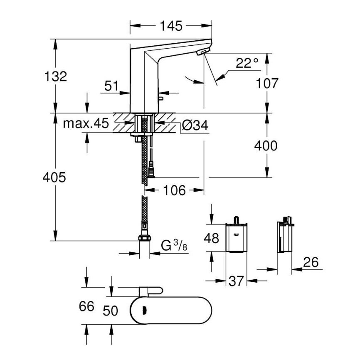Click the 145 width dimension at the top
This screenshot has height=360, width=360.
pyautogui.click(x=171, y=26)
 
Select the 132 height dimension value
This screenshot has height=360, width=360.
pyautogui.click(x=55, y=76)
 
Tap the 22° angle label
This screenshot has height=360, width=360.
pyautogui.click(x=247, y=64)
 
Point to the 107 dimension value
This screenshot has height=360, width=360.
pyautogui.click(x=267, y=83)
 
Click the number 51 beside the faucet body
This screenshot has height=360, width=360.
pyautogui.click(x=111, y=86)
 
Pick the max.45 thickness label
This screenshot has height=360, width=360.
pyautogui.click(x=86, y=123)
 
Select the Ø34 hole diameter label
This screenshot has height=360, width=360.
pyautogui.click(x=195, y=125)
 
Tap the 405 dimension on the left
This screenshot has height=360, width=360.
pyautogui.click(x=54, y=178)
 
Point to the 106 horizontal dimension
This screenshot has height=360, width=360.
pyautogui.click(x=173, y=191)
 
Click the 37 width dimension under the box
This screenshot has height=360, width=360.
pyautogui.click(x=236, y=282)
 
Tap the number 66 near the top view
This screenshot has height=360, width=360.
pyautogui.click(x=87, y=307)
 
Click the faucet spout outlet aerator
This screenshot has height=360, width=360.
pyautogui.click(x=202, y=52)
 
